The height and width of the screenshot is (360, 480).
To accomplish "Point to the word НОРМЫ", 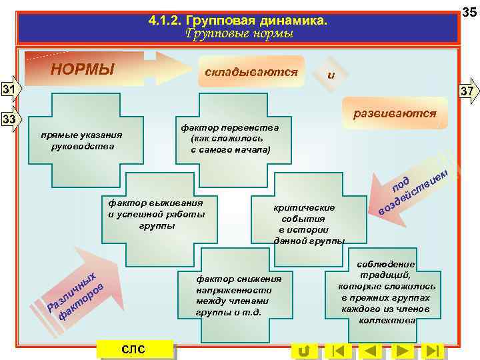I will (83, 69).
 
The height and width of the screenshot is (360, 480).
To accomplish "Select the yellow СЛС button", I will (134, 350).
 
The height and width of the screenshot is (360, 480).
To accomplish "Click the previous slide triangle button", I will (371, 351).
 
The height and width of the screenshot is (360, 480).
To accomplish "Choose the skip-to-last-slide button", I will (433, 351).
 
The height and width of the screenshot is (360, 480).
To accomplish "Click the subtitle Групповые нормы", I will (239, 33).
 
